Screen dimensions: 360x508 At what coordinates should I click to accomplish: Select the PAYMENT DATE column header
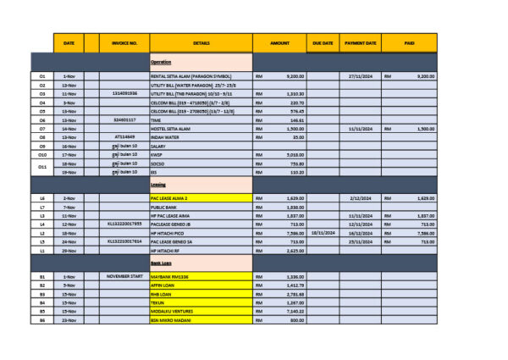(360, 42)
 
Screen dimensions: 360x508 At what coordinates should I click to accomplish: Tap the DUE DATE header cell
(322, 42)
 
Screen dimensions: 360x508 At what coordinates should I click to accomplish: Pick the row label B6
(42, 320)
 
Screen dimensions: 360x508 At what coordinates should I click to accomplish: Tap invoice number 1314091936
(124, 93)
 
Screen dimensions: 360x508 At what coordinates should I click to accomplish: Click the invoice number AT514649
(124, 136)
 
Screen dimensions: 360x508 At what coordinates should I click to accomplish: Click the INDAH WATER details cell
(166, 136)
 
